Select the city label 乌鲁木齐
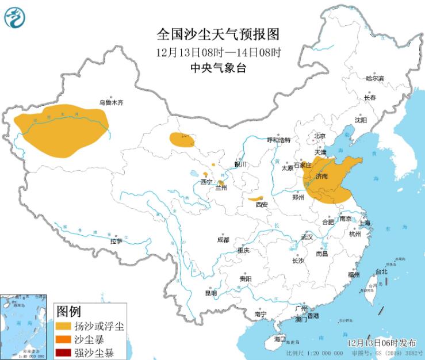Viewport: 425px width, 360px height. tap(111, 102)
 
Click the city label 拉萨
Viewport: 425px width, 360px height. tap(116, 242)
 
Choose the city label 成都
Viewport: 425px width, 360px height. tap(223, 240)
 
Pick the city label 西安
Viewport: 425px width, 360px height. tap(262, 204)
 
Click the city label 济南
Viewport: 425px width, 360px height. tap(322, 177)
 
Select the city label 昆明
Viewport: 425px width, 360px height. tap(211, 293)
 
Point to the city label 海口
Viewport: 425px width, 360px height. tap(279, 339)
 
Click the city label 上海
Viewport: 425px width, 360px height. tap(363, 223)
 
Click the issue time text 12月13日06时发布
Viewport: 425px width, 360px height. tap(381, 342)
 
